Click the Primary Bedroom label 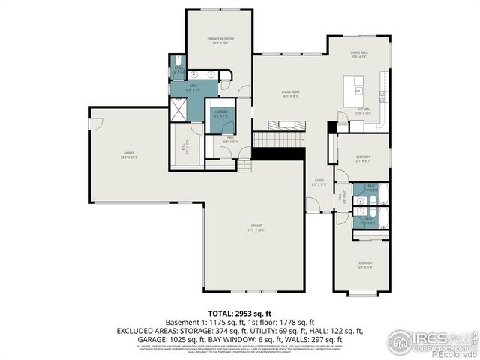click(x=220, y=40)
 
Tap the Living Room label click(x=290, y=94)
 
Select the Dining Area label click(x=359, y=55)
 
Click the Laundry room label click(x=220, y=116)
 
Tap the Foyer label click(x=319, y=183)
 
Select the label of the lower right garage click(x=256, y=227)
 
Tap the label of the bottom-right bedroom click(x=364, y=264)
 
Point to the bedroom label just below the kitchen click(x=362, y=158)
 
